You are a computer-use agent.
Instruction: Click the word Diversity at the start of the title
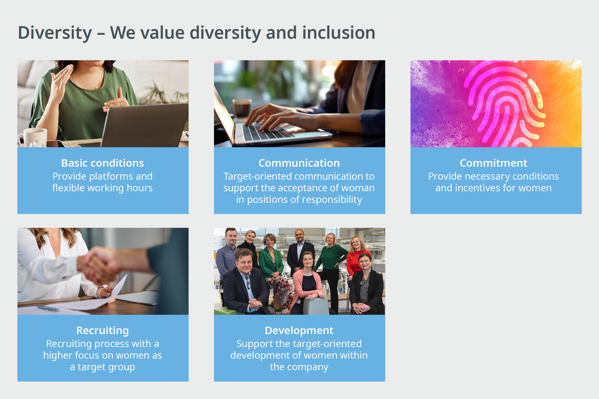[x=55, y=33]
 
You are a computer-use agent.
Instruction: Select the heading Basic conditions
[x=103, y=163]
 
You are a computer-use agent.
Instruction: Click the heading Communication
[x=299, y=163]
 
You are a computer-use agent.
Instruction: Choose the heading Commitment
[x=493, y=163]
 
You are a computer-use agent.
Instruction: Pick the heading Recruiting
[x=103, y=331]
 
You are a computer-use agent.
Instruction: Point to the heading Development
[x=299, y=331]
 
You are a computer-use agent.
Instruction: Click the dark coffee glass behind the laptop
[x=241, y=108]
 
